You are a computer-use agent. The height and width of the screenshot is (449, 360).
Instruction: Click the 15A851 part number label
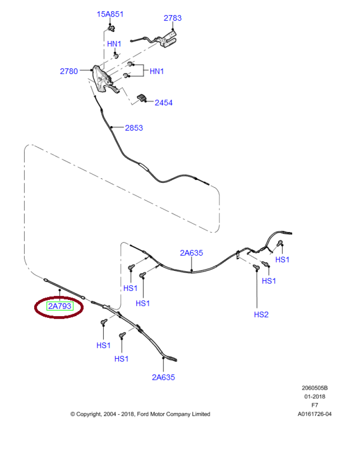(x=110, y=14)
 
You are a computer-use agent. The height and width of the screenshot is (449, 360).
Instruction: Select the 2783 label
(x=173, y=18)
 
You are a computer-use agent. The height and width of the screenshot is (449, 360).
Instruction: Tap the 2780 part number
(x=69, y=71)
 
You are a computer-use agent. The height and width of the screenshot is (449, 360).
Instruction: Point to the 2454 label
(x=164, y=103)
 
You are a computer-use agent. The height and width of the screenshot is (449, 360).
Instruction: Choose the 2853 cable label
(x=133, y=128)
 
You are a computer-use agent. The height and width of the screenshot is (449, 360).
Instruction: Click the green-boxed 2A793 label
(x=60, y=307)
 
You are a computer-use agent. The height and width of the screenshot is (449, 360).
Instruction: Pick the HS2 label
(x=261, y=314)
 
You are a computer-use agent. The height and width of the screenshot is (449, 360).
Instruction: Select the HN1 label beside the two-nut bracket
(x=157, y=71)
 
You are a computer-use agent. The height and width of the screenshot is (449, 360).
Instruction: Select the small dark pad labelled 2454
(x=142, y=98)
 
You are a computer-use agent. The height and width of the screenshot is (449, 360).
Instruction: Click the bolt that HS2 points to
(x=257, y=268)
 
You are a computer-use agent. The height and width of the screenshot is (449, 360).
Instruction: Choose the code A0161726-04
(x=315, y=414)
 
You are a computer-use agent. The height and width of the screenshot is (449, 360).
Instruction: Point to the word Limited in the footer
(x=200, y=414)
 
